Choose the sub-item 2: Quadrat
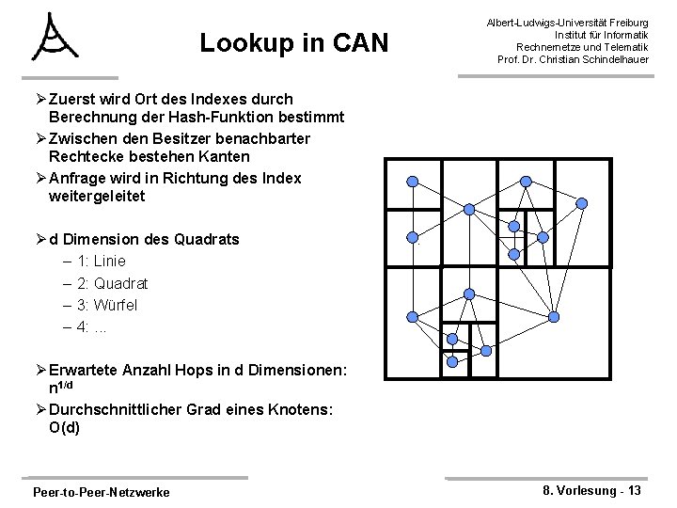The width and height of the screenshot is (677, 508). click(113, 283)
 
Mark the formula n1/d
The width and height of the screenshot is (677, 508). click(66, 387)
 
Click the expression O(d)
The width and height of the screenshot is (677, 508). click(67, 427)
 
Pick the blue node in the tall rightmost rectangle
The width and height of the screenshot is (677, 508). click(581, 202)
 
